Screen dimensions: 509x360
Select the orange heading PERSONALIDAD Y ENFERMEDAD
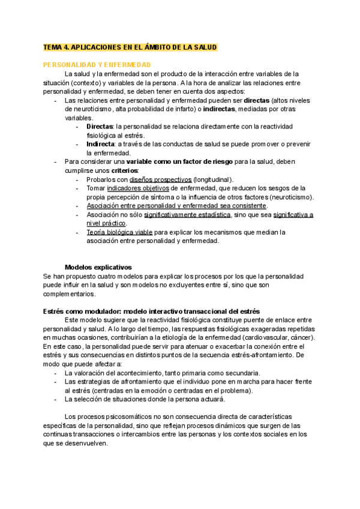[x=97, y=64]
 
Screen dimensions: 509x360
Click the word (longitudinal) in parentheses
[x=214, y=179]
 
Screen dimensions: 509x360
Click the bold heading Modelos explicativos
[x=98, y=267]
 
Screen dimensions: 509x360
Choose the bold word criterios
[x=124, y=170]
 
